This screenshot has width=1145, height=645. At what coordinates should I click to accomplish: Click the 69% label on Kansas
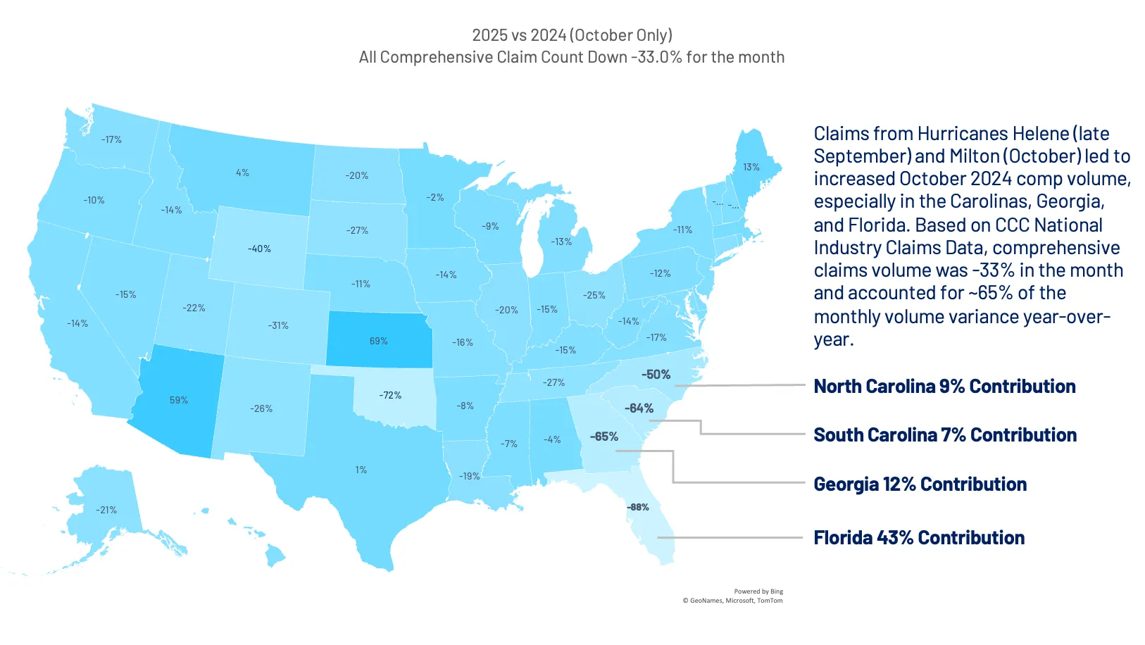[x=378, y=341]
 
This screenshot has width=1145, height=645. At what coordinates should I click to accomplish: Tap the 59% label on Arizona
[x=178, y=400]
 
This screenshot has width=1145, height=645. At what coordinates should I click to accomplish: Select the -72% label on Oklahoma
[x=390, y=395]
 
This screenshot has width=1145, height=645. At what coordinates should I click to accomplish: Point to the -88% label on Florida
[x=638, y=507]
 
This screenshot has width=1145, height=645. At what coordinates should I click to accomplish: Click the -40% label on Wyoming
[x=259, y=249]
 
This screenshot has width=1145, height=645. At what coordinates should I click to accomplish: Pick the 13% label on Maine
[x=751, y=167]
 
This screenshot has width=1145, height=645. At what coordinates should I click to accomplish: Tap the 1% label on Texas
[x=361, y=470]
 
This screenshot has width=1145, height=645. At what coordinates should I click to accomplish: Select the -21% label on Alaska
[x=106, y=510]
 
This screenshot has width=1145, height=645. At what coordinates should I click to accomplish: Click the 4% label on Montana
[x=242, y=173]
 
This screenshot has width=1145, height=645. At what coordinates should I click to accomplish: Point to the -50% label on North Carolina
[x=656, y=375]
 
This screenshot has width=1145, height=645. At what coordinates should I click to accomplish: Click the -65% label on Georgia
[x=604, y=437]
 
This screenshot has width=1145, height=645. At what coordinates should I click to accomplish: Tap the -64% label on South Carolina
[x=639, y=408]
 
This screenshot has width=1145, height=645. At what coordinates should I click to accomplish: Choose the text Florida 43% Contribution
[x=919, y=538]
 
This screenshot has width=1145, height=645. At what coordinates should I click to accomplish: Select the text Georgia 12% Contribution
[x=920, y=484]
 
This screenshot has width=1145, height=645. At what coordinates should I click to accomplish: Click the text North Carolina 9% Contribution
[x=944, y=387]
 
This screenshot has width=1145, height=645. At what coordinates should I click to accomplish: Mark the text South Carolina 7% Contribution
[x=945, y=435]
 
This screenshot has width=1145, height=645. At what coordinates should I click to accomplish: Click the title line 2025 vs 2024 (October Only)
[x=572, y=35]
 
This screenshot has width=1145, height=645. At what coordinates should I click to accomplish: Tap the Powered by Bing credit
[x=758, y=591]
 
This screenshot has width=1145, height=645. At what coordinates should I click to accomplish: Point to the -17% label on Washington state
[x=111, y=139]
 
